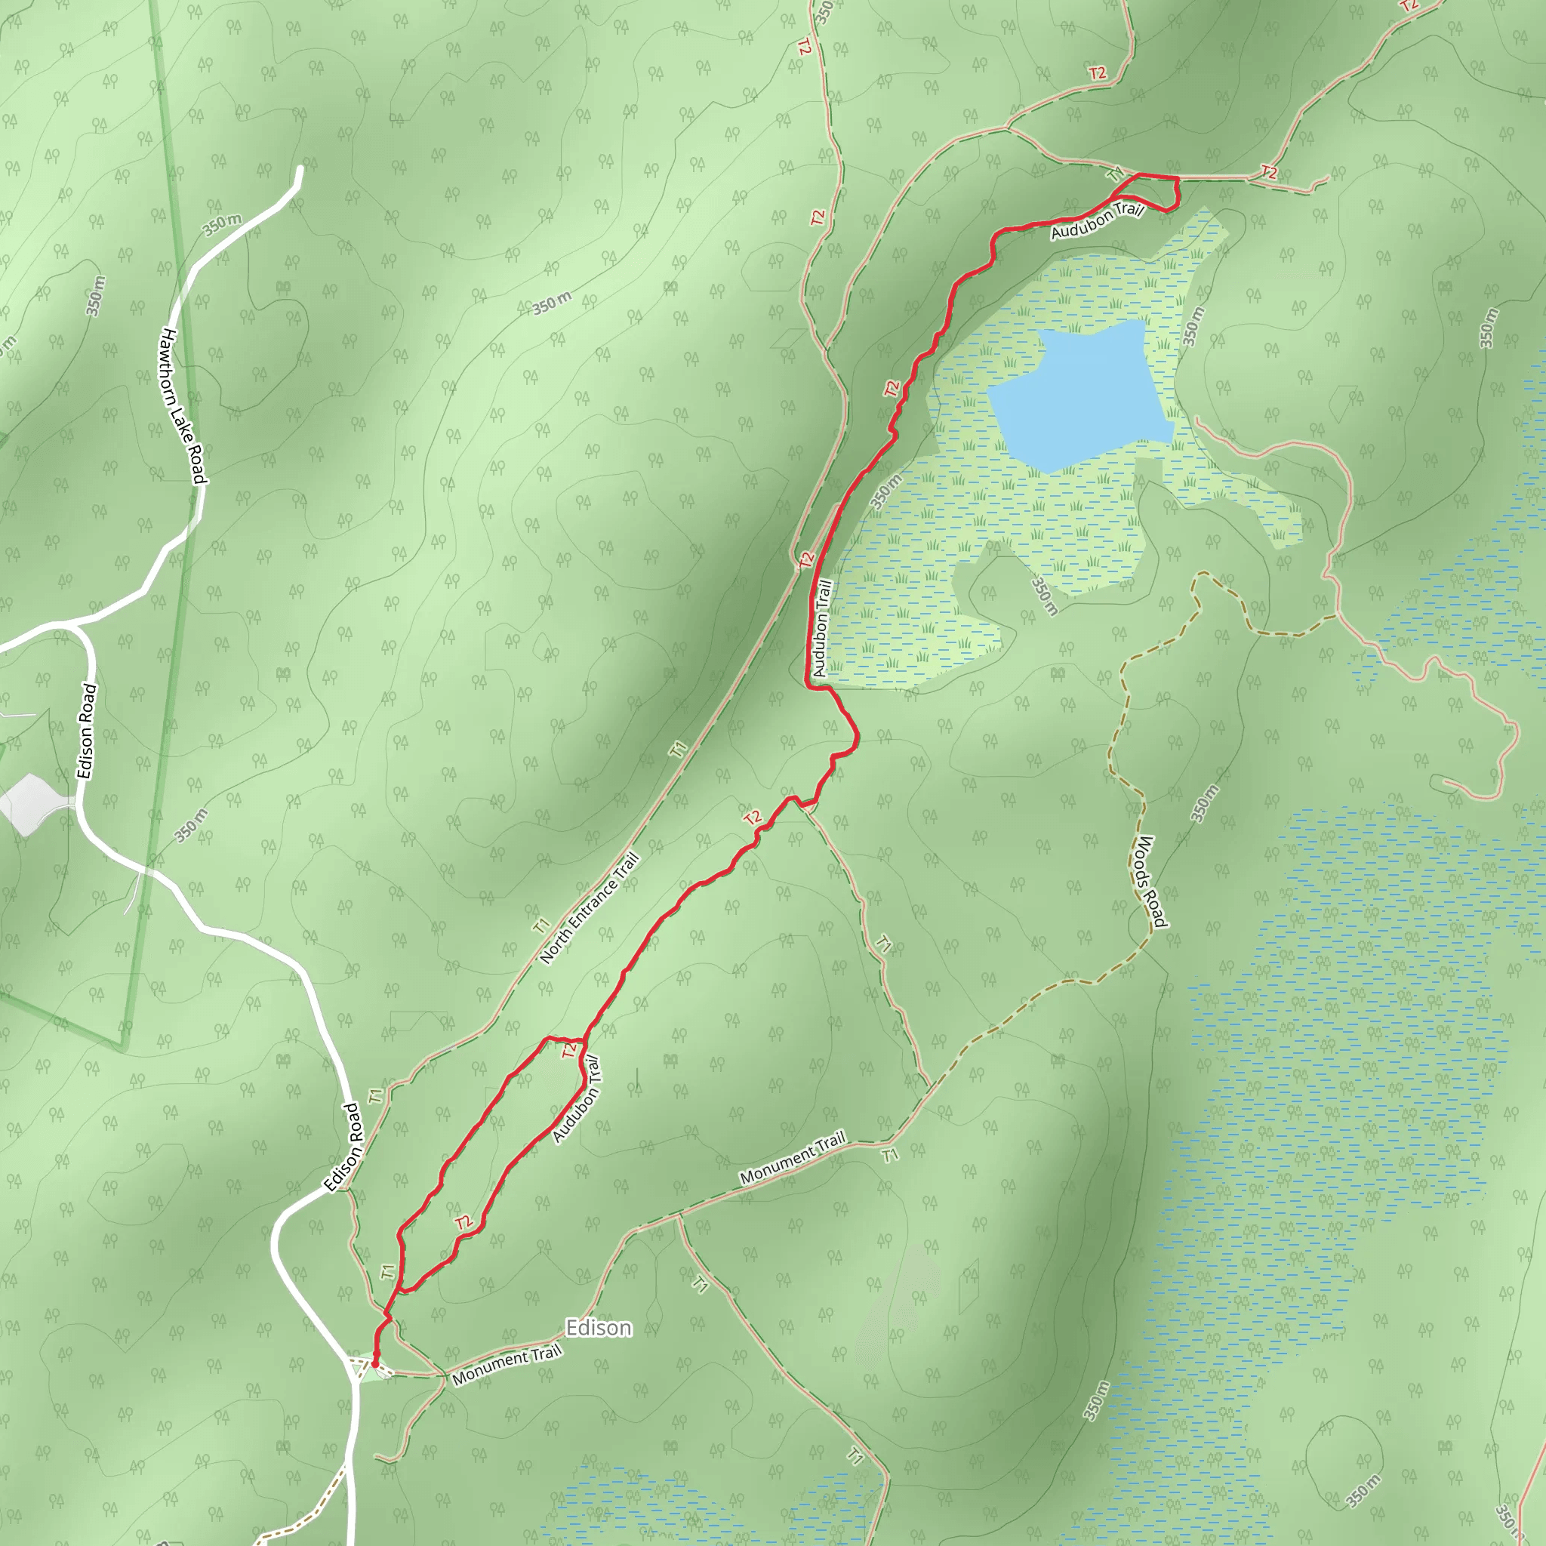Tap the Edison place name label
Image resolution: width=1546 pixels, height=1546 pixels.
click(599, 1328)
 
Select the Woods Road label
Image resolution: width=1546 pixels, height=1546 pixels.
click(1147, 881)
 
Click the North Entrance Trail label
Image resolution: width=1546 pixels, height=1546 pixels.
click(589, 908)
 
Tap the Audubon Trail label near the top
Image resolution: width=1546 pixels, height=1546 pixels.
click(1097, 221)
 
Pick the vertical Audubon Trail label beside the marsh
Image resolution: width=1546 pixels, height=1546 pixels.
click(821, 628)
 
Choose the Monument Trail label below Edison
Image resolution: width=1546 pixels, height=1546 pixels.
click(507, 1365)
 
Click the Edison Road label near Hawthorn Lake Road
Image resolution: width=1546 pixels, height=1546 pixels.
click(86, 731)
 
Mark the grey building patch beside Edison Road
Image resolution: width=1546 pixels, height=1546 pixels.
click(30, 804)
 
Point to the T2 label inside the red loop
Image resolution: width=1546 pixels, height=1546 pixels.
click(464, 1222)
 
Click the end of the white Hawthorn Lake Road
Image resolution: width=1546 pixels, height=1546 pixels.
click(301, 168)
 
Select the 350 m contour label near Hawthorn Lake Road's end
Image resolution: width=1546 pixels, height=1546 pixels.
click(222, 226)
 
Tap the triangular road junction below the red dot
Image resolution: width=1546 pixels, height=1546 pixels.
click(358, 1371)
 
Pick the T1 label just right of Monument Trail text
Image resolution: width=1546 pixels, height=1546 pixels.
click(890, 1155)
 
